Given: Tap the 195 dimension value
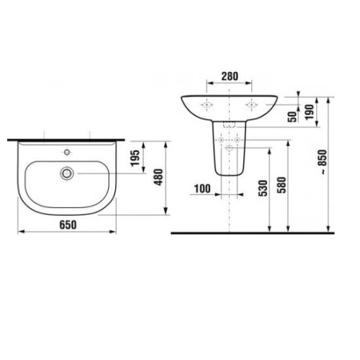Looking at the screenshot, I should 135,159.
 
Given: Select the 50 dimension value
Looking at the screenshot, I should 292,117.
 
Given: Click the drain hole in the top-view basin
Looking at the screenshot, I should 67,173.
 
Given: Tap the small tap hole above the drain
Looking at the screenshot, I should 67,153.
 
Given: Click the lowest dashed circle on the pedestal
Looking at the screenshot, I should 230,147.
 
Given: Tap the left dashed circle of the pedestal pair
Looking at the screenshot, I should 222,139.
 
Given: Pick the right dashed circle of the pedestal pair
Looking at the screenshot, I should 238,139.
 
